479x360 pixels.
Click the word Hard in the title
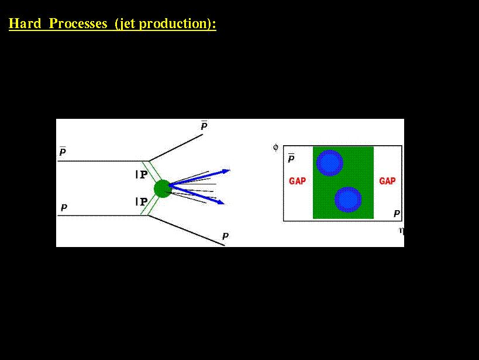point(25,23)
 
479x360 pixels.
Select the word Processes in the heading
point(78,23)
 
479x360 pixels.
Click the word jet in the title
point(127,24)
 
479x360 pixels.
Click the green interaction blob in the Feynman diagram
point(163,188)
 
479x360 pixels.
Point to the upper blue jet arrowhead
point(226,172)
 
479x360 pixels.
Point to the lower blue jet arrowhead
point(220,202)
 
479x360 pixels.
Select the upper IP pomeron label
point(142,174)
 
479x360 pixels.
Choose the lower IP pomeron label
point(142,201)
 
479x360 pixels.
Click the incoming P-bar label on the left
point(63,151)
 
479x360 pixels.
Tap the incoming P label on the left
point(64,208)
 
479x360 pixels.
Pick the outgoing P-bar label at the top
point(204,126)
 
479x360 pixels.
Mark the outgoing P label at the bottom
point(225,236)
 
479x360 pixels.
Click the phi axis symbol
point(275,148)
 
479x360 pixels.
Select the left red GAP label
point(297,181)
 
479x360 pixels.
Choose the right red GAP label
point(387,181)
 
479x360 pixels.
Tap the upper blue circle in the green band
point(330,163)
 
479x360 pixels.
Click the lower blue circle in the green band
point(348,200)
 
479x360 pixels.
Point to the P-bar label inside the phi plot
point(291,158)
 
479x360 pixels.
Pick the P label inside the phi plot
point(397,214)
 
